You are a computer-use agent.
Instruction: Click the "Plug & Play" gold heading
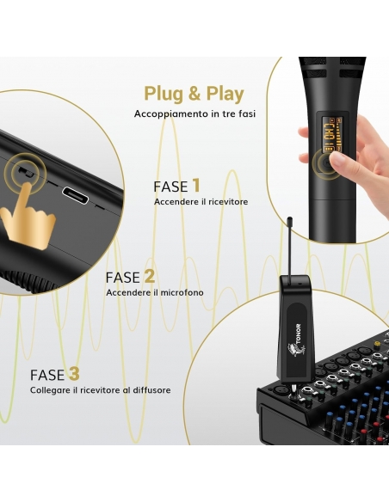coord(194,95)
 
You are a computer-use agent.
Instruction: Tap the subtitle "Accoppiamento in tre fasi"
coord(194,114)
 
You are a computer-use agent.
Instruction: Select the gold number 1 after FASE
coord(196,186)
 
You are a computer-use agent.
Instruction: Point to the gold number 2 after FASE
coord(150,276)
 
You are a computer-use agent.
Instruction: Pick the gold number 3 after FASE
coord(74,374)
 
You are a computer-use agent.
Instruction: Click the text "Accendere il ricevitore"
coord(201,202)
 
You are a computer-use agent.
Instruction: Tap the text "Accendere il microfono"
coord(155,292)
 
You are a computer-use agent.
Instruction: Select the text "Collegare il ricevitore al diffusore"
coord(101,390)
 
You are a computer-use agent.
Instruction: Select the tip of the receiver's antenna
coord(290,219)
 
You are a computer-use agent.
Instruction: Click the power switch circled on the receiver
coord(26,172)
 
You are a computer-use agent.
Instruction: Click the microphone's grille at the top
coord(332,68)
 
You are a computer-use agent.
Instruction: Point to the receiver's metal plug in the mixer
coord(293,391)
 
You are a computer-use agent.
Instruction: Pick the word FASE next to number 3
coord(47,375)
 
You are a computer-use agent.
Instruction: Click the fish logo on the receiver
coord(293,352)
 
